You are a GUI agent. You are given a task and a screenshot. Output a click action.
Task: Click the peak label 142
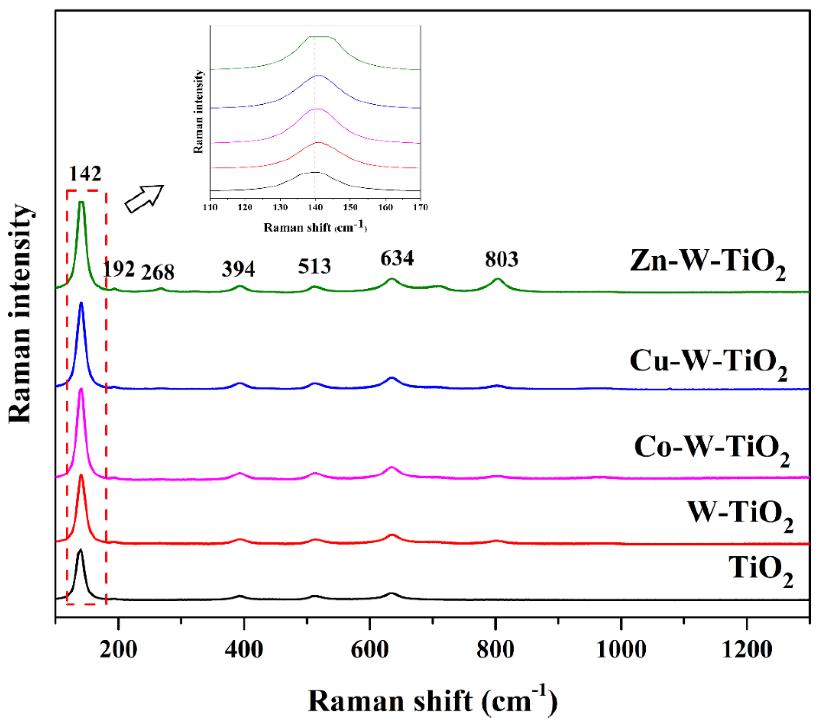[85, 174]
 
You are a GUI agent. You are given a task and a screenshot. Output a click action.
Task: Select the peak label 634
[397, 258]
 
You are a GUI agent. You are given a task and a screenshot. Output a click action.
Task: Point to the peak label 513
[315, 266]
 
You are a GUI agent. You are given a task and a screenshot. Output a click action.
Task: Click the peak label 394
[238, 269]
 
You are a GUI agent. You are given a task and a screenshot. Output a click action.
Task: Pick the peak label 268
[158, 273]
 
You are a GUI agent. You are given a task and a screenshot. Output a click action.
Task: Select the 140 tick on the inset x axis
[315, 207]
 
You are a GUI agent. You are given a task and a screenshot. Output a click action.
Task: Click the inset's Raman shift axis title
[315, 227]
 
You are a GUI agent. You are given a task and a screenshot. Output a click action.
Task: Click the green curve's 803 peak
[498, 279]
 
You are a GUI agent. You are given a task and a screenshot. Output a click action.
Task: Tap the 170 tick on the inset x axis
[420, 207]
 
